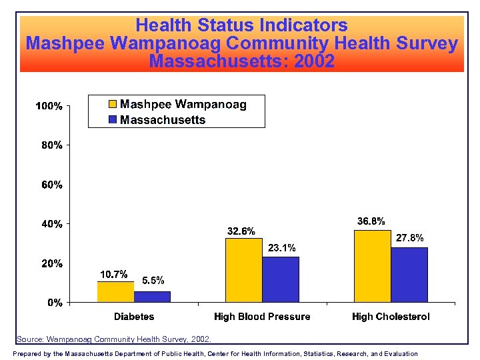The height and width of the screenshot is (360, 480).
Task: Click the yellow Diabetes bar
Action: point(115,292)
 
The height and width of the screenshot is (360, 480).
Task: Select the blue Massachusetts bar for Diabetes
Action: point(152,297)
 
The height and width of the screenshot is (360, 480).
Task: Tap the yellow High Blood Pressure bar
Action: point(244,270)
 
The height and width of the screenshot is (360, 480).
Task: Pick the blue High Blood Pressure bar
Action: point(281,279)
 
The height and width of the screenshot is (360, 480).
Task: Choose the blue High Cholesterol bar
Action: point(409,275)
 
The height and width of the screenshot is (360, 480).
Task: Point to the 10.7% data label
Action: point(113,275)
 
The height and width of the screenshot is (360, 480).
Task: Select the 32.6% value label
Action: point(241,231)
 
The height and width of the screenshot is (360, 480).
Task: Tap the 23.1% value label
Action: point(281,248)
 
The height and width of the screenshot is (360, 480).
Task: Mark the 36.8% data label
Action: point(371,221)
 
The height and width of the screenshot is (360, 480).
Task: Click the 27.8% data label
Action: point(410,238)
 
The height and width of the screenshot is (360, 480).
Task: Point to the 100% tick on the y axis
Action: point(49,106)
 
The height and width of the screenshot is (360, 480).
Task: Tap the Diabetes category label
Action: point(134,317)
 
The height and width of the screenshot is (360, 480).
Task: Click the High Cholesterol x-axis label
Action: point(391,317)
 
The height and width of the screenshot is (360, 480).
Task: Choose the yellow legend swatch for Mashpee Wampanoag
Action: point(113,105)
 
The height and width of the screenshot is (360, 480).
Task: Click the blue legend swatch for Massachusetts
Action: point(113,120)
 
